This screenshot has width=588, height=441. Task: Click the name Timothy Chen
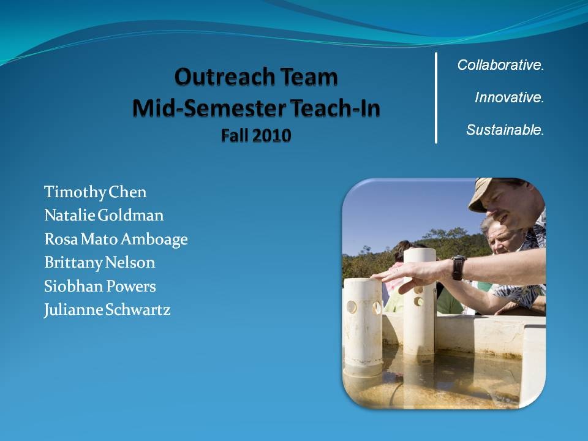point(96,192)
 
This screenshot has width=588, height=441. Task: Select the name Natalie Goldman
point(104,215)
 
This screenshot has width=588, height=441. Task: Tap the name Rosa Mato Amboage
point(116,239)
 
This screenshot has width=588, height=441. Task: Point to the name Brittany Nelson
point(99,263)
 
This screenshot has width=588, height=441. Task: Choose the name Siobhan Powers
point(100,286)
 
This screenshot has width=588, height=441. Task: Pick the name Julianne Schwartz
point(107,310)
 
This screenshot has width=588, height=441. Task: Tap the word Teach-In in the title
point(335,108)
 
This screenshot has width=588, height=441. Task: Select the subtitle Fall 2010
point(256,135)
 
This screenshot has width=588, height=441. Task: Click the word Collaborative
point(500,65)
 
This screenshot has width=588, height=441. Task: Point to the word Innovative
point(509,97)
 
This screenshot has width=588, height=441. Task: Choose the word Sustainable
point(505,130)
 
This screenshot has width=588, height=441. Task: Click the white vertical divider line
point(435,98)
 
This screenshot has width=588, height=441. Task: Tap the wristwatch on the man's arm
point(458,268)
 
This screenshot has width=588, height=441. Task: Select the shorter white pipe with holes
point(363,327)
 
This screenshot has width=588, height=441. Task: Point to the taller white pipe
point(419,302)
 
